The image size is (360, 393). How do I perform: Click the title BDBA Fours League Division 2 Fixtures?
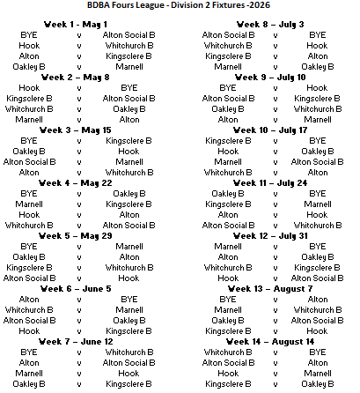tap(180, 8)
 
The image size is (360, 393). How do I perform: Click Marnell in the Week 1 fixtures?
tap(129, 65)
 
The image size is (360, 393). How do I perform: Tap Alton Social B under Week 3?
tap(29, 161)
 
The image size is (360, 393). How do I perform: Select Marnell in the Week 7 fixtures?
tap(29, 373)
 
